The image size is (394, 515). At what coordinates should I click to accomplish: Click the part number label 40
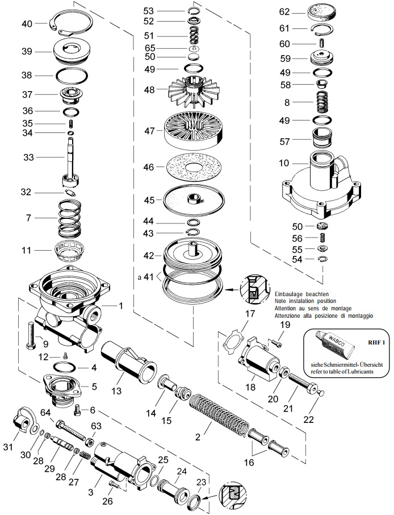pos(27,23)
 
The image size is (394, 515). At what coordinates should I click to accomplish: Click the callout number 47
pos(148,131)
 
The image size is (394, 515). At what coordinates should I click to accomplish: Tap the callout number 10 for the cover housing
pos(284,163)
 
